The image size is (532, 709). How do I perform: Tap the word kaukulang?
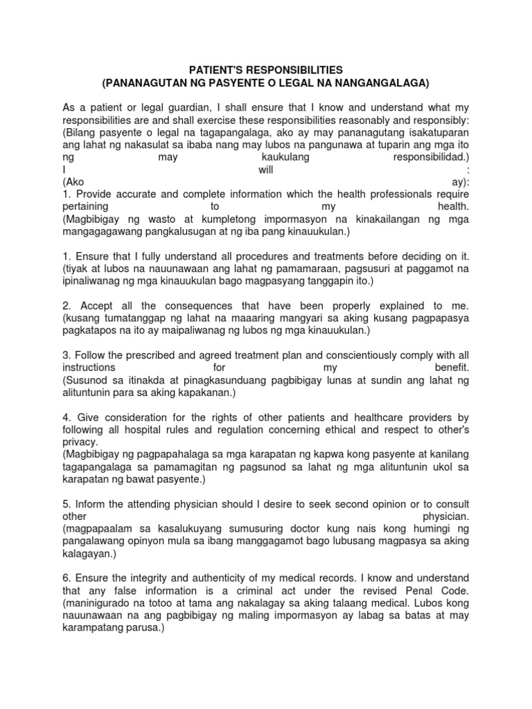point(284,156)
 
